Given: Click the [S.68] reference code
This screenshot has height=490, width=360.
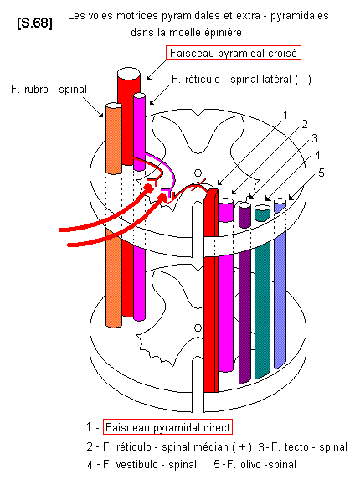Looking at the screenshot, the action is pyautogui.click(x=34, y=23).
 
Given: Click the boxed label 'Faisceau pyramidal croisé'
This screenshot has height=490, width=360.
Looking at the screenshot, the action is pyautogui.click(x=234, y=53).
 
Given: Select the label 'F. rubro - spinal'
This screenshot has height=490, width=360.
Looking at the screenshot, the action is pyautogui.click(x=49, y=90).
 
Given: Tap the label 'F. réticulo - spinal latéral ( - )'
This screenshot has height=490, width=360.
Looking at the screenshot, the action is pyautogui.click(x=241, y=80).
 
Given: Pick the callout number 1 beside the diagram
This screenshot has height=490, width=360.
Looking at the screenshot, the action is pyautogui.click(x=285, y=116).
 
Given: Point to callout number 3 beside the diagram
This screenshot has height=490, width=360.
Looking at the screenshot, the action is pyautogui.click(x=315, y=138).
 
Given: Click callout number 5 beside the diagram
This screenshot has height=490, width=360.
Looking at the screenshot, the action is pyautogui.click(x=321, y=173).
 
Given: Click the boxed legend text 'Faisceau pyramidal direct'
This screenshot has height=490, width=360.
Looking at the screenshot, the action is pyautogui.click(x=167, y=427).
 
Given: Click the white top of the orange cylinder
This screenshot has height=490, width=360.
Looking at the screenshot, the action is pyautogui.click(x=114, y=106).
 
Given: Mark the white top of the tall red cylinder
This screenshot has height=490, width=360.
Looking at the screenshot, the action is pyautogui.click(x=129, y=74).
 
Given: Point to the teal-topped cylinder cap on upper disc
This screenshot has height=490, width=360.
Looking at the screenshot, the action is pyautogui.click(x=262, y=209).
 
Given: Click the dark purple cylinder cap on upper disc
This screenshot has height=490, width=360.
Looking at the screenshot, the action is pyautogui.click(x=244, y=205).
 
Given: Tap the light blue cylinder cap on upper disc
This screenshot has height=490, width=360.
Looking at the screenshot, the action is pyautogui.click(x=280, y=201).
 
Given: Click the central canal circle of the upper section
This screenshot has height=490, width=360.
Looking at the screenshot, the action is pyautogui.click(x=198, y=173).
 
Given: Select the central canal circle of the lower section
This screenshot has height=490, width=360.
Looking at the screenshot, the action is pyautogui.click(x=198, y=328).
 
